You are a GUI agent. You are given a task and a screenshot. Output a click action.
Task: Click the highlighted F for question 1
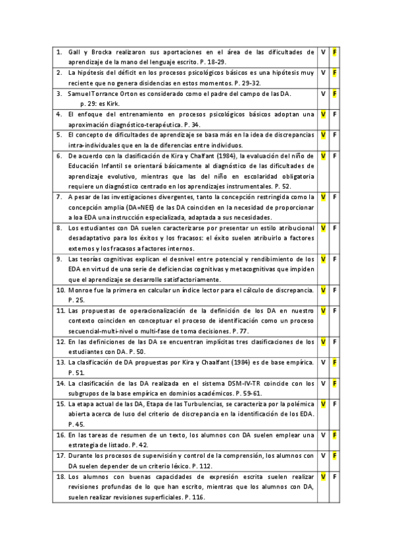tap(335, 51)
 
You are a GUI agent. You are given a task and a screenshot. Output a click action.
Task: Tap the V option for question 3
tap(323, 94)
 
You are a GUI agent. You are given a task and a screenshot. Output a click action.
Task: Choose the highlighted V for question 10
tap(323, 290)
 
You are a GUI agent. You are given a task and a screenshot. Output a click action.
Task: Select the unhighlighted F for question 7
tap(335, 196)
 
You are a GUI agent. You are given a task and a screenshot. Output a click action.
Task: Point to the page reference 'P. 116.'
tap(194, 497)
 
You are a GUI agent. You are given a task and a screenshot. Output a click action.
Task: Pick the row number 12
tap(60, 342)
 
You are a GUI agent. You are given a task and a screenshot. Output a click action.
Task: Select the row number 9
tap(60, 259)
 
